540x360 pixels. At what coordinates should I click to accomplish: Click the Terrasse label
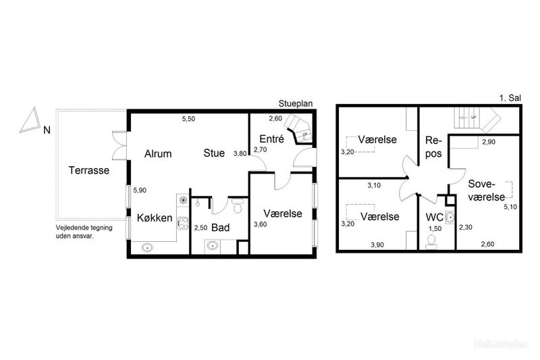pyautogui.click(x=89, y=170)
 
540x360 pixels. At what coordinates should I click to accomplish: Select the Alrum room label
pyautogui.click(x=158, y=153)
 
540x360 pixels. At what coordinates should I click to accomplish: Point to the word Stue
pyautogui.click(x=214, y=153)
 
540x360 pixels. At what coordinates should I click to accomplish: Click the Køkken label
pyautogui.click(x=155, y=217)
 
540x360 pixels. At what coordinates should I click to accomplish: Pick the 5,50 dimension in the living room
pyautogui.click(x=189, y=119)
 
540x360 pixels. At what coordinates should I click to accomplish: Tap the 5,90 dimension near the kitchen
pyautogui.click(x=140, y=190)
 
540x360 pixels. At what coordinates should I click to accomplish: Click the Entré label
pyautogui.click(x=272, y=139)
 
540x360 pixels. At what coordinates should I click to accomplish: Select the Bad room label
pyautogui.click(x=221, y=228)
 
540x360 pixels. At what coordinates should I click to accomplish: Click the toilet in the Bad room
pyautogui.click(x=238, y=205)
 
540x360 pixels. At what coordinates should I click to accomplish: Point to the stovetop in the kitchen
pyautogui.click(x=182, y=224)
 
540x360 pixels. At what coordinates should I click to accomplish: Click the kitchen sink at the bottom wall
pyautogui.click(x=148, y=247)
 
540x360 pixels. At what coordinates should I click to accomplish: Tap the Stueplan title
pyautogui.click(x=296, y=104)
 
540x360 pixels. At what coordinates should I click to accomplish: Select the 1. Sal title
pyautogui.click(x=510, y=98)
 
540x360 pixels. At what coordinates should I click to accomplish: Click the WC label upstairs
pyautogui.click(x=435, y=217)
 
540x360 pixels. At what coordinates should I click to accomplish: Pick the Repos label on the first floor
pyautogui.click(x=433, y=147)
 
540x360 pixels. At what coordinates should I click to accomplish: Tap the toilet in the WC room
pyautogui.click(x=431, y=242)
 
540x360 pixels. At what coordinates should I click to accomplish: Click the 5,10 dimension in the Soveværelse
pyautogui.click(x=510, y=207)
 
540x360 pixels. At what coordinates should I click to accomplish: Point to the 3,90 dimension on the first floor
pyautogui.click(x=377, y=245)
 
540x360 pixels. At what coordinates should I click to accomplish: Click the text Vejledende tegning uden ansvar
pyautogui.click(x=84, y=232)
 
